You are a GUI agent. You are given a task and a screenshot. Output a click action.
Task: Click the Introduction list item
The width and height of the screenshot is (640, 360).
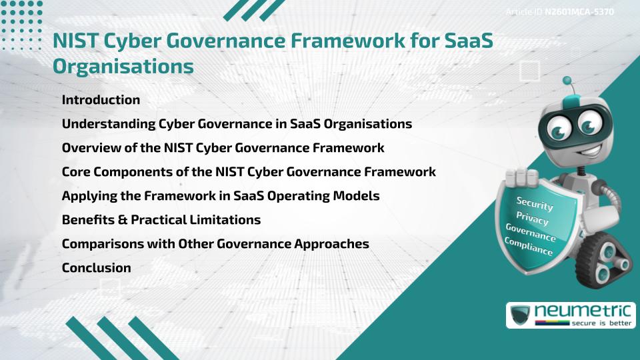(x=101, y=100)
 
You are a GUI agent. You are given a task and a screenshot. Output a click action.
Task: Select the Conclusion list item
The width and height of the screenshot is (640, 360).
(x=96, y=268)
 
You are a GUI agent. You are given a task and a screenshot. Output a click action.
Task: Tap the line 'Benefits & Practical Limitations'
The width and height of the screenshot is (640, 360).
(x=161, y=219)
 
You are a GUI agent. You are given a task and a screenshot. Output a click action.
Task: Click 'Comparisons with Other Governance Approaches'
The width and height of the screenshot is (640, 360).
(x=215, y=244)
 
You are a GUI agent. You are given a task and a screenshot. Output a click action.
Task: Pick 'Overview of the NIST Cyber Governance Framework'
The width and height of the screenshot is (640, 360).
(x=223, y=148)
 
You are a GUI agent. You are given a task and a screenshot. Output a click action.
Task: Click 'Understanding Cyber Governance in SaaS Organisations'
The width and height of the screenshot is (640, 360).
(x=237, y=124)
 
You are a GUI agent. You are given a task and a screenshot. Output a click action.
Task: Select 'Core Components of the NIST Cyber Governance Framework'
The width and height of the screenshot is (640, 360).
(x=249, y=172)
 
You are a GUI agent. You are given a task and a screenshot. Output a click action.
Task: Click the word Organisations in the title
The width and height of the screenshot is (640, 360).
(x=123, y=67)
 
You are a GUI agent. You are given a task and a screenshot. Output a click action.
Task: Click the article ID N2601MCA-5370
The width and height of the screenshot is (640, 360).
(x=579, y=12)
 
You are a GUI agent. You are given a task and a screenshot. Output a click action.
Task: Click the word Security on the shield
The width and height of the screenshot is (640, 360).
(x=535, y=204)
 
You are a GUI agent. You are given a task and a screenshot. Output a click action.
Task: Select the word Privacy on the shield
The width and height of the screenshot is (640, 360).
(x=533, y=220)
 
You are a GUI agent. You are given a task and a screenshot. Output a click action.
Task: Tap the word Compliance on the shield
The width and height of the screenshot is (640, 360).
(x=528, y=247)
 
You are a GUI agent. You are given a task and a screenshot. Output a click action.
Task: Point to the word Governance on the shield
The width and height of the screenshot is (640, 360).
(x=531, y=233)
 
